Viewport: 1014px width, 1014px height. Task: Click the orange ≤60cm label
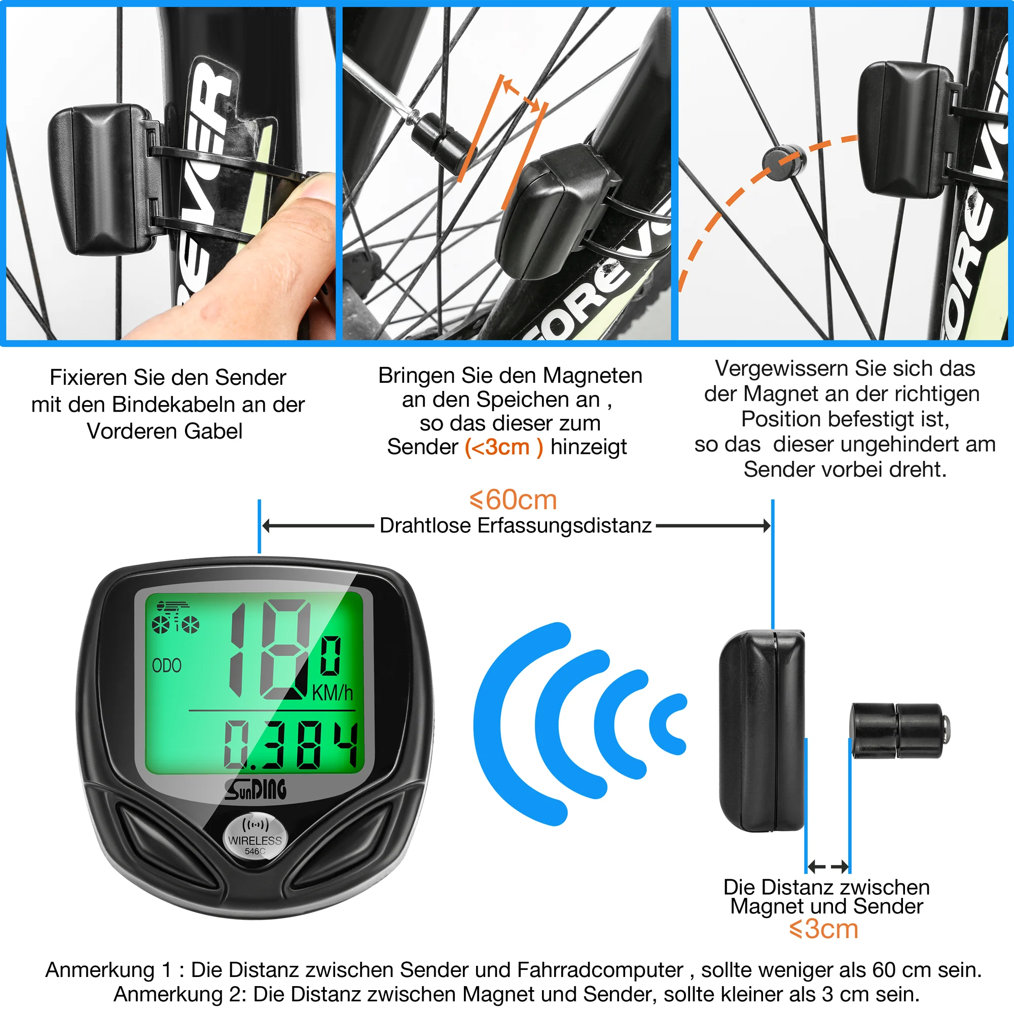click(513, 500)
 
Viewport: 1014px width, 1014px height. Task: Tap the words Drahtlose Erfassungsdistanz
click(516, 525)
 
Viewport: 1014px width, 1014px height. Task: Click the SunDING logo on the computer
click(256, 789)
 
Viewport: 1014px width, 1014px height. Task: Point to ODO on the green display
click(166, 666)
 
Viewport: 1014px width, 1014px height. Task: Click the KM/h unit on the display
click(332, 692)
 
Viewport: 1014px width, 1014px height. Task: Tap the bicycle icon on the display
click(175, 618)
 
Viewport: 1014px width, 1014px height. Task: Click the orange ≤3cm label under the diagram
click(823, 929)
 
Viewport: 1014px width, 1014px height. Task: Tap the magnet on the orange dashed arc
click(783, 162)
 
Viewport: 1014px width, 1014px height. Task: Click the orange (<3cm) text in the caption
click(503, 447)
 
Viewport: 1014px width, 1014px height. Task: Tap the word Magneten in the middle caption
click(593, 376)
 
